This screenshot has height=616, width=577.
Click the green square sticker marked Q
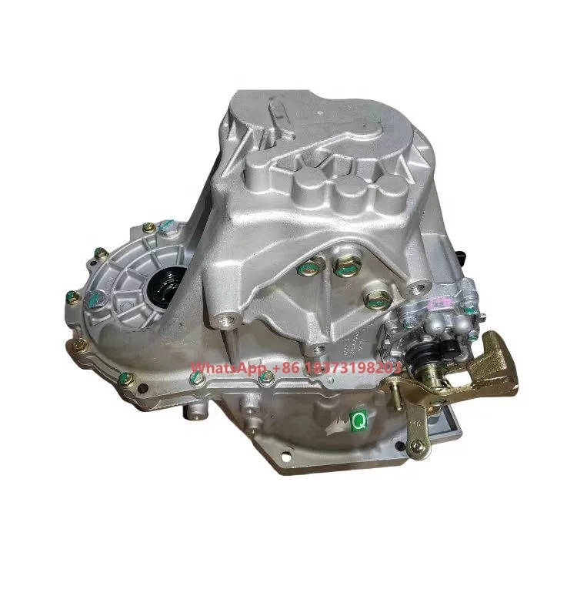pyautogui.click(x=358, y=420)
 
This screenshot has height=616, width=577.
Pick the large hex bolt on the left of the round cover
pyautogui.click(x=98, y=253)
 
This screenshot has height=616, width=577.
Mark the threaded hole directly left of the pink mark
pyautogui.click(x=417, y=289)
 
